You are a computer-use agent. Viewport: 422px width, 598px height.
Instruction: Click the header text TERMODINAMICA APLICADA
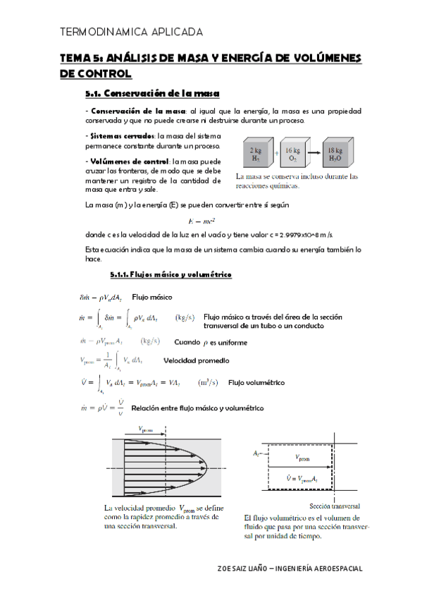coord(132,32)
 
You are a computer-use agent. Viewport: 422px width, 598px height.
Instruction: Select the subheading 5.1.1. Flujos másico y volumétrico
coord(166,274)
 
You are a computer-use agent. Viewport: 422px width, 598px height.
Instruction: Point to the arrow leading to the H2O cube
coord(314,151)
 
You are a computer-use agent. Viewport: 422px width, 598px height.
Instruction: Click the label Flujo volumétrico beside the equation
coord(256,383)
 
